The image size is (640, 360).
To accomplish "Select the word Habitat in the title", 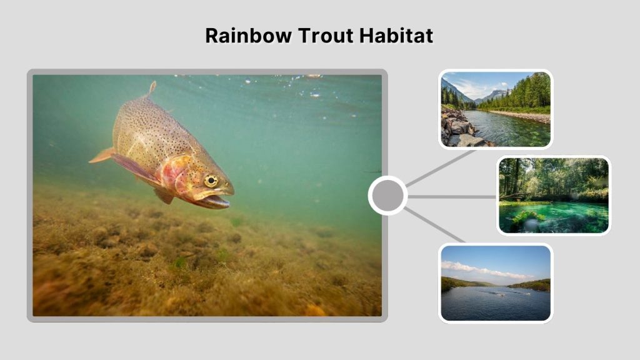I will pos(396,36).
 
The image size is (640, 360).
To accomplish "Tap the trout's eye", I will pos(211,181).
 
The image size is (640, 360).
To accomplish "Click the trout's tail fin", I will pos(101,156).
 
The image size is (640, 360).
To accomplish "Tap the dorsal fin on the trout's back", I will pos(151,88).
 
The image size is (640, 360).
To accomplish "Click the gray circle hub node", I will pos(387,196).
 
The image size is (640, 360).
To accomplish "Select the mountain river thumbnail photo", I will pos(496,109).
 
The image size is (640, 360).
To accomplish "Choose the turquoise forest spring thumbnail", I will pos(553,195).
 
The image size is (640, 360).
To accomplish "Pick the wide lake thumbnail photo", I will pos(496,283).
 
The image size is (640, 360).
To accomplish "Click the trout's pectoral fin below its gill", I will pos(164,196).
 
